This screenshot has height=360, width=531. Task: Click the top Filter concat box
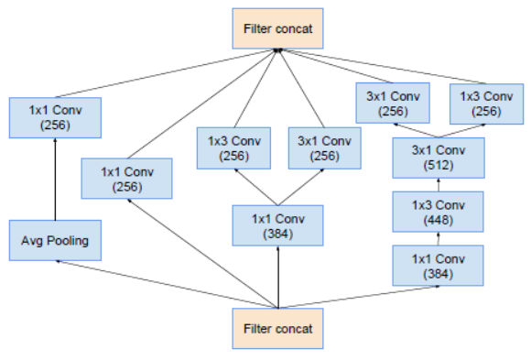(277, 29)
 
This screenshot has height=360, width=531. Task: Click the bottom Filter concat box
(277, 328)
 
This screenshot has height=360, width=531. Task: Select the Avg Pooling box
(55, 242)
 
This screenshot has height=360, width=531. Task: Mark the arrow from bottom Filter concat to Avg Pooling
(165, 285)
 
